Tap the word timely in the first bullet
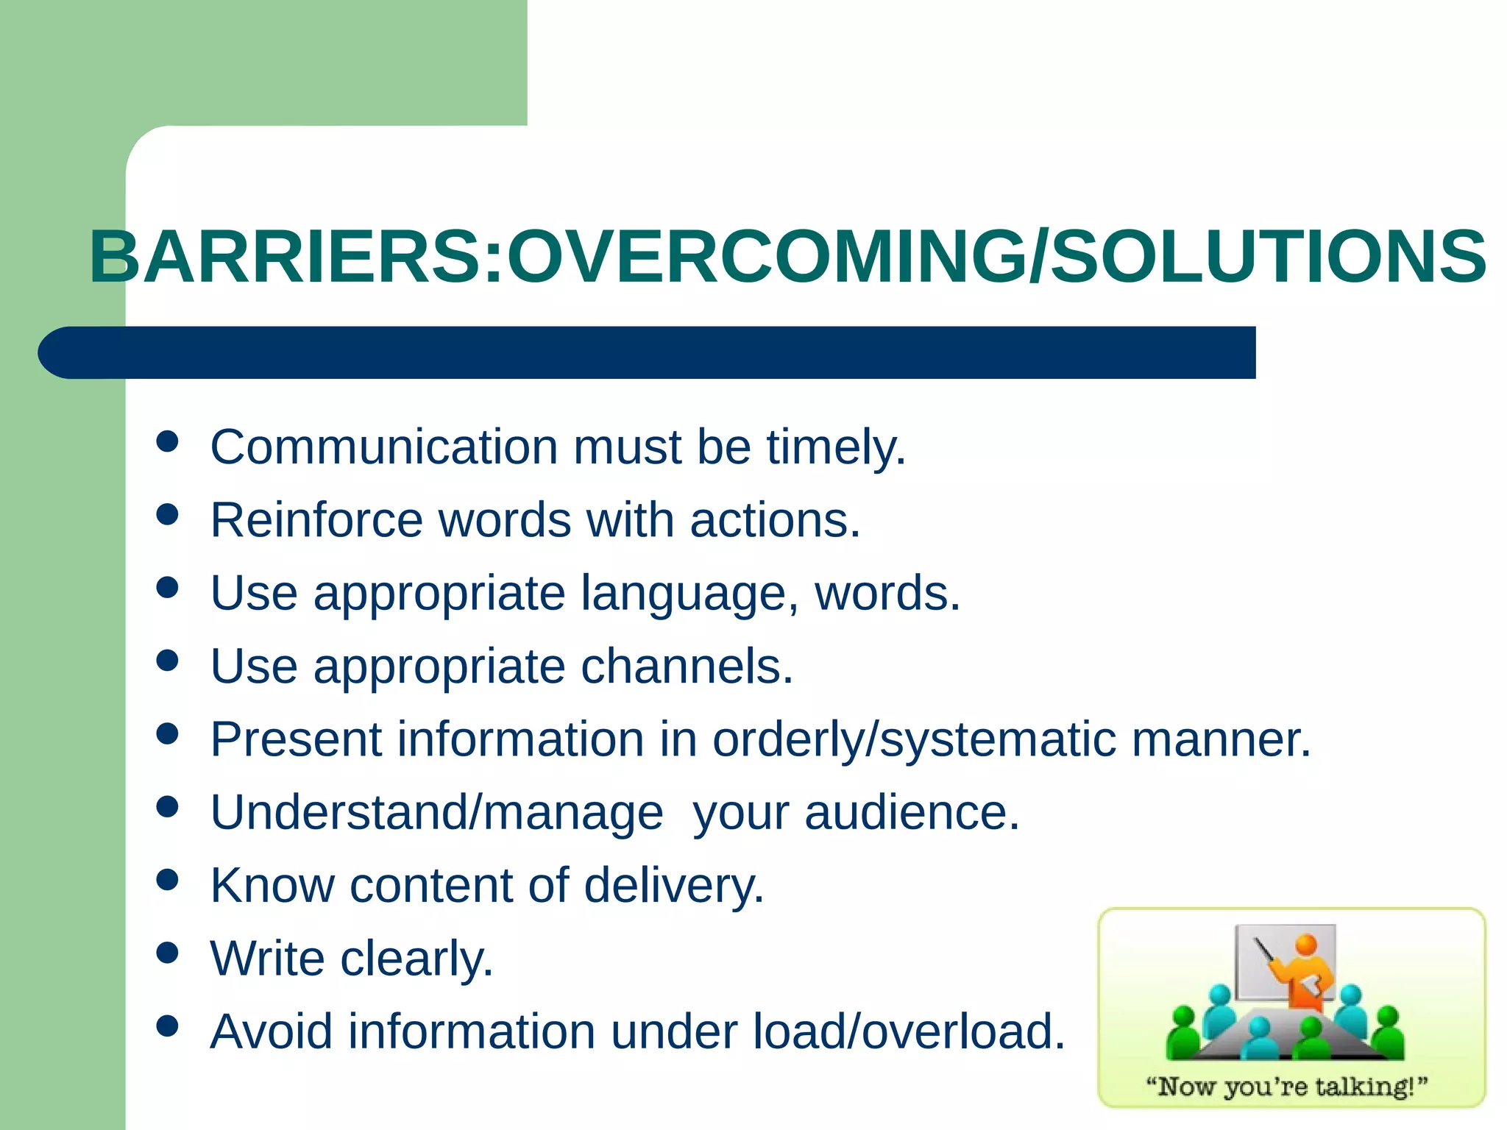[x=835, y=447]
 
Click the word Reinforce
[x=316, y=520]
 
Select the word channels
[x=686, y=667]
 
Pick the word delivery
[x=673, y=885]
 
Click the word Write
[x=267, y=958]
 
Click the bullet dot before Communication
[x=168, y=441]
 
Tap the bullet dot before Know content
[x=168, y=879]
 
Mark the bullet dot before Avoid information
[x=168, y=1026]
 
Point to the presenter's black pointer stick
[x=1266, y=953]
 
